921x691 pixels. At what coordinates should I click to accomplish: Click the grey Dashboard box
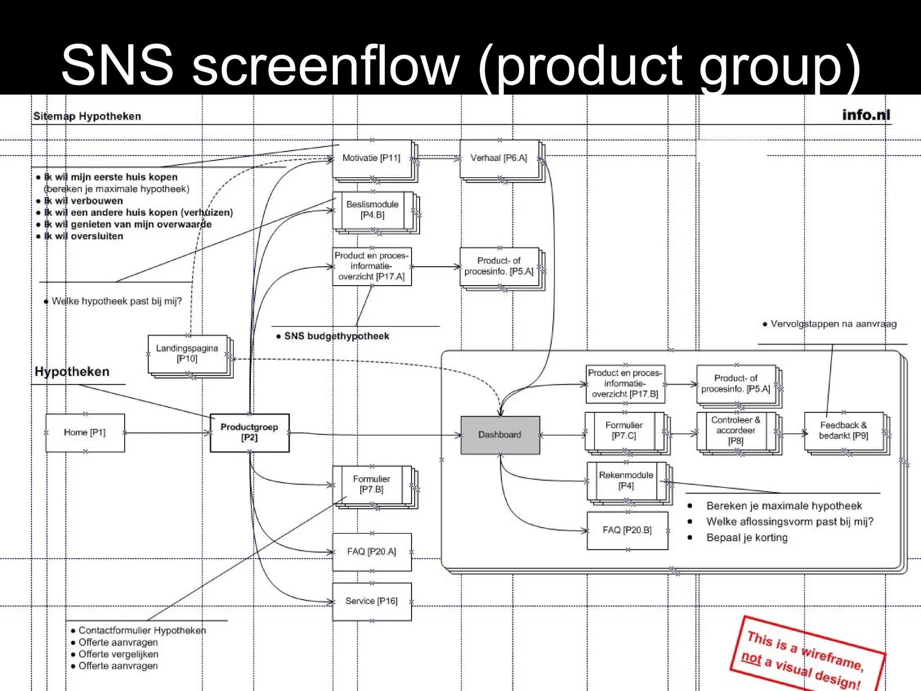point(500,435)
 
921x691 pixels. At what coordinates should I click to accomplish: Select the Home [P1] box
point(85,432)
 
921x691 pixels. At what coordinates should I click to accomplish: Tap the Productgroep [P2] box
point(250,432)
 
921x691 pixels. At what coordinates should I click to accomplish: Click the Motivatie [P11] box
point(371,158)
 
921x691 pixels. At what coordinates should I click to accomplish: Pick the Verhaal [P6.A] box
point(499,158)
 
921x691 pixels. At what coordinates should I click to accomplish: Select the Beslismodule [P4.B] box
point(372,210)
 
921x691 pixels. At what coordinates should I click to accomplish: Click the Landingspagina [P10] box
point(187,353)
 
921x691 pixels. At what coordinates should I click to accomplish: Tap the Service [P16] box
point(371,601)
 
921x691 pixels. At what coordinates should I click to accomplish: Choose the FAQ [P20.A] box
point(371,552)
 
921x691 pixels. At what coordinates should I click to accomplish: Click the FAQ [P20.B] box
point(627,530)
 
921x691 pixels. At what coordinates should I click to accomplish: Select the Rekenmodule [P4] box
point(626,480)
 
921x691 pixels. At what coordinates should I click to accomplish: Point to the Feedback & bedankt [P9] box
point(843,431)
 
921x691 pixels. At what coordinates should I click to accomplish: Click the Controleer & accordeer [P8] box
point(736,431)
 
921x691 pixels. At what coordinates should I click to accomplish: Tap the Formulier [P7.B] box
point(371,484)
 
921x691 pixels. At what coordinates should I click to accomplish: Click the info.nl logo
point(866,115)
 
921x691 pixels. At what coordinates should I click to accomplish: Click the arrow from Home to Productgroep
point(166,433)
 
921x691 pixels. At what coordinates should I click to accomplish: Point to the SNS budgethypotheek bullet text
point(336,336)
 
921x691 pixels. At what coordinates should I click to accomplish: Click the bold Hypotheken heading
point(72,372)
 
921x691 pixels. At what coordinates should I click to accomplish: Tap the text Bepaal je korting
point(747,538)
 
